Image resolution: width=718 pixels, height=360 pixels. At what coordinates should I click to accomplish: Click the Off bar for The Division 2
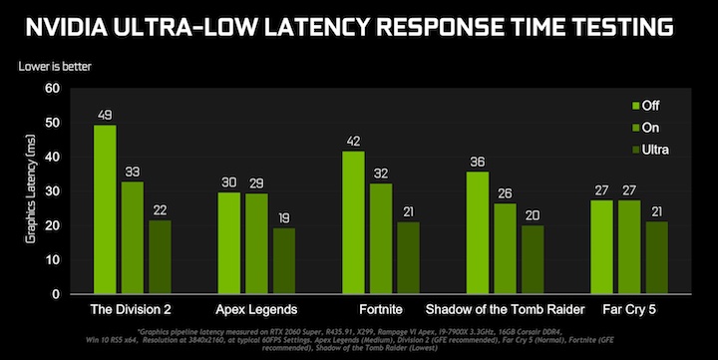105,209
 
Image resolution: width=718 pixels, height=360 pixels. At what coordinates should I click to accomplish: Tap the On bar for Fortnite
381,239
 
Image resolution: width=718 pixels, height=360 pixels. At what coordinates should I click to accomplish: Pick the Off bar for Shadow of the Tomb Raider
478,232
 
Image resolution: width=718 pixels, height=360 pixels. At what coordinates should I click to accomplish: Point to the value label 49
105,115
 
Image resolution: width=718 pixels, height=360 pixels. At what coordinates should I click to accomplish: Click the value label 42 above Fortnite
353,141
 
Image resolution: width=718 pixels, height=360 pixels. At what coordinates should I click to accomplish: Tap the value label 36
478,162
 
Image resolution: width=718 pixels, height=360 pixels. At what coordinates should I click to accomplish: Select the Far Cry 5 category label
628,310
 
